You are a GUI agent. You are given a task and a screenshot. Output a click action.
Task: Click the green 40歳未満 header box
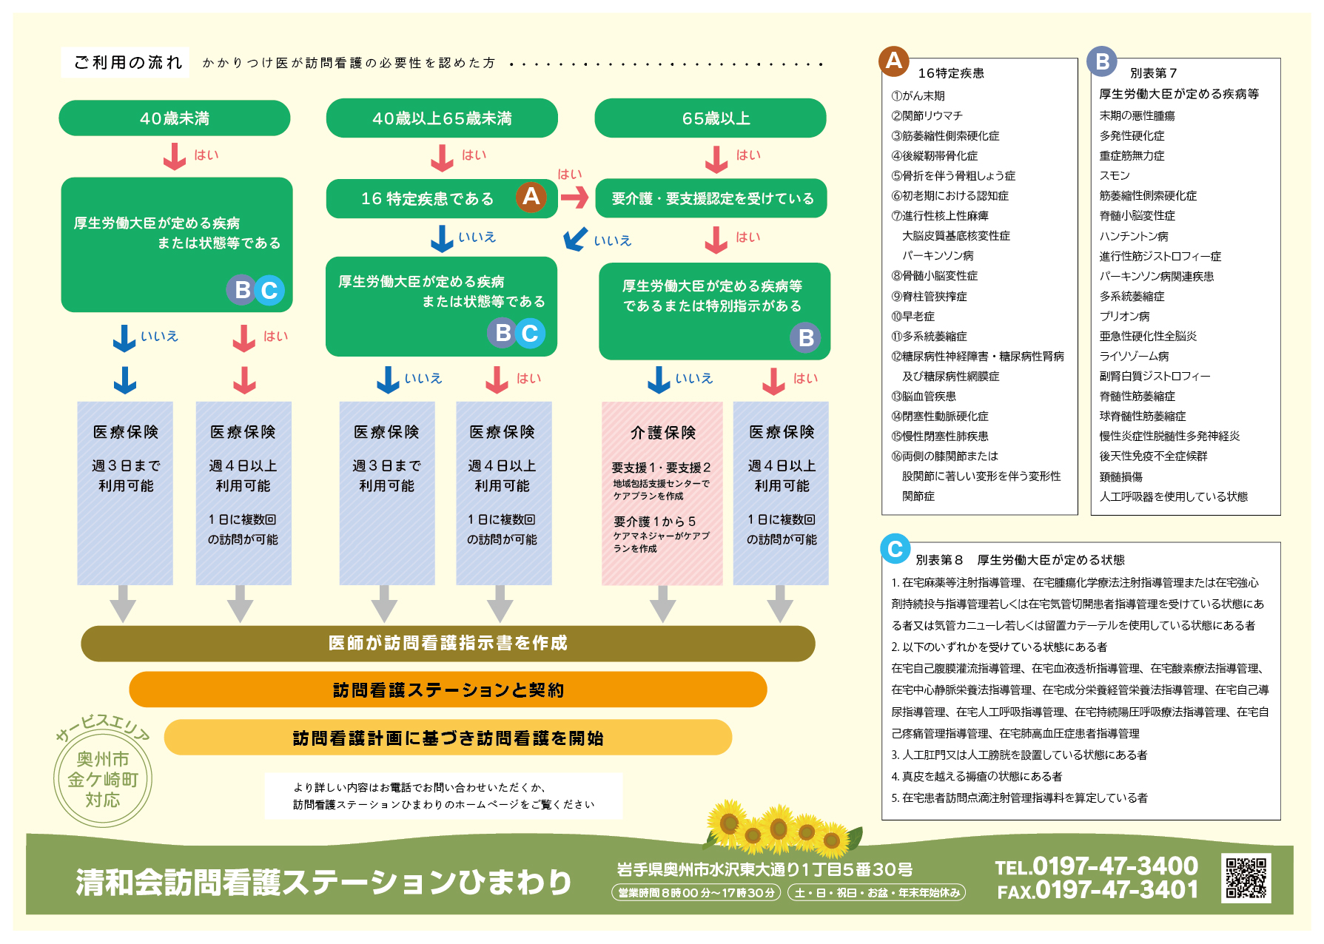pos(175,118)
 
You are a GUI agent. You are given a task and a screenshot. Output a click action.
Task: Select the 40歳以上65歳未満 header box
pos(442,118)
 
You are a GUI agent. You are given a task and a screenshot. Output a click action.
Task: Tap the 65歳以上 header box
pos(710,118)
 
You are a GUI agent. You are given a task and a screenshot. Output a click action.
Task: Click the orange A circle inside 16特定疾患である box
pos(531,197)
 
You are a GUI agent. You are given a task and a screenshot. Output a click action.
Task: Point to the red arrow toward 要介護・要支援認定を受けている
pos(574,197)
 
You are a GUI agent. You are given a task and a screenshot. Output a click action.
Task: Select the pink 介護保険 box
pos(662,493)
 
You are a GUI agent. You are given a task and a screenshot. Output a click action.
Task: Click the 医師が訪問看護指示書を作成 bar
pos(448,644)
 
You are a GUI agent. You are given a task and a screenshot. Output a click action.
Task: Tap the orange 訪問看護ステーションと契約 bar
pos(448,690)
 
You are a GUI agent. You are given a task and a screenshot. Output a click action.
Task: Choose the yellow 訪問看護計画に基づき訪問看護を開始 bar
pos(448,738)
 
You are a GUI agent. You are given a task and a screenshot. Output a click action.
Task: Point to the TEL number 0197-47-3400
pos(1097,866)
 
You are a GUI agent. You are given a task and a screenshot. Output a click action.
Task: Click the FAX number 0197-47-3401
pos(1098,891)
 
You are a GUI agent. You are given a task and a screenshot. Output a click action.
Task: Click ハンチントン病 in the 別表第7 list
pos(1133,237)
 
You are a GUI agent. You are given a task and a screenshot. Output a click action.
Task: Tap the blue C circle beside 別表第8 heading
pos(895,549)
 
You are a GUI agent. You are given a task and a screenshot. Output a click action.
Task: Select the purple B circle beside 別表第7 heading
pos(1102,61)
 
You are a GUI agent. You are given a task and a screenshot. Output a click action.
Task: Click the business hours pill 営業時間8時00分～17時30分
pos(696,893)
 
